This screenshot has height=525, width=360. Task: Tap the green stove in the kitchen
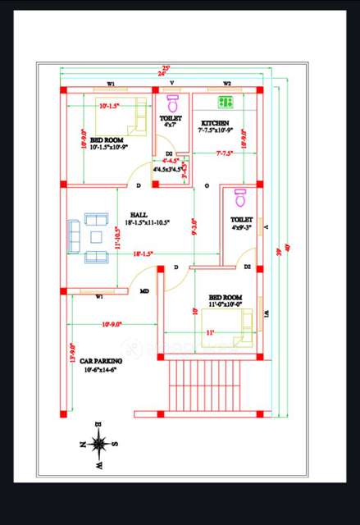point(224,103)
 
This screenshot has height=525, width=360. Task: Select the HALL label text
point(138,215)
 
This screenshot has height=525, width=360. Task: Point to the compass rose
point(99,444)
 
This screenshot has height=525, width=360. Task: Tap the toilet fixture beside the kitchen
point(173,104)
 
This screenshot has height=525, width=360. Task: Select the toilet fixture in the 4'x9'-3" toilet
point(240,198)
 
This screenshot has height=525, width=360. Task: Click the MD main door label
point(144,290)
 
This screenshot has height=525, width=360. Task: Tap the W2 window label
point(227,83)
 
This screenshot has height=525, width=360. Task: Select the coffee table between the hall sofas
point(96,238)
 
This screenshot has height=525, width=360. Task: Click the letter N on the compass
point(83,444)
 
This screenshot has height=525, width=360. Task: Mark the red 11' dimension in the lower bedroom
point(210,332)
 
